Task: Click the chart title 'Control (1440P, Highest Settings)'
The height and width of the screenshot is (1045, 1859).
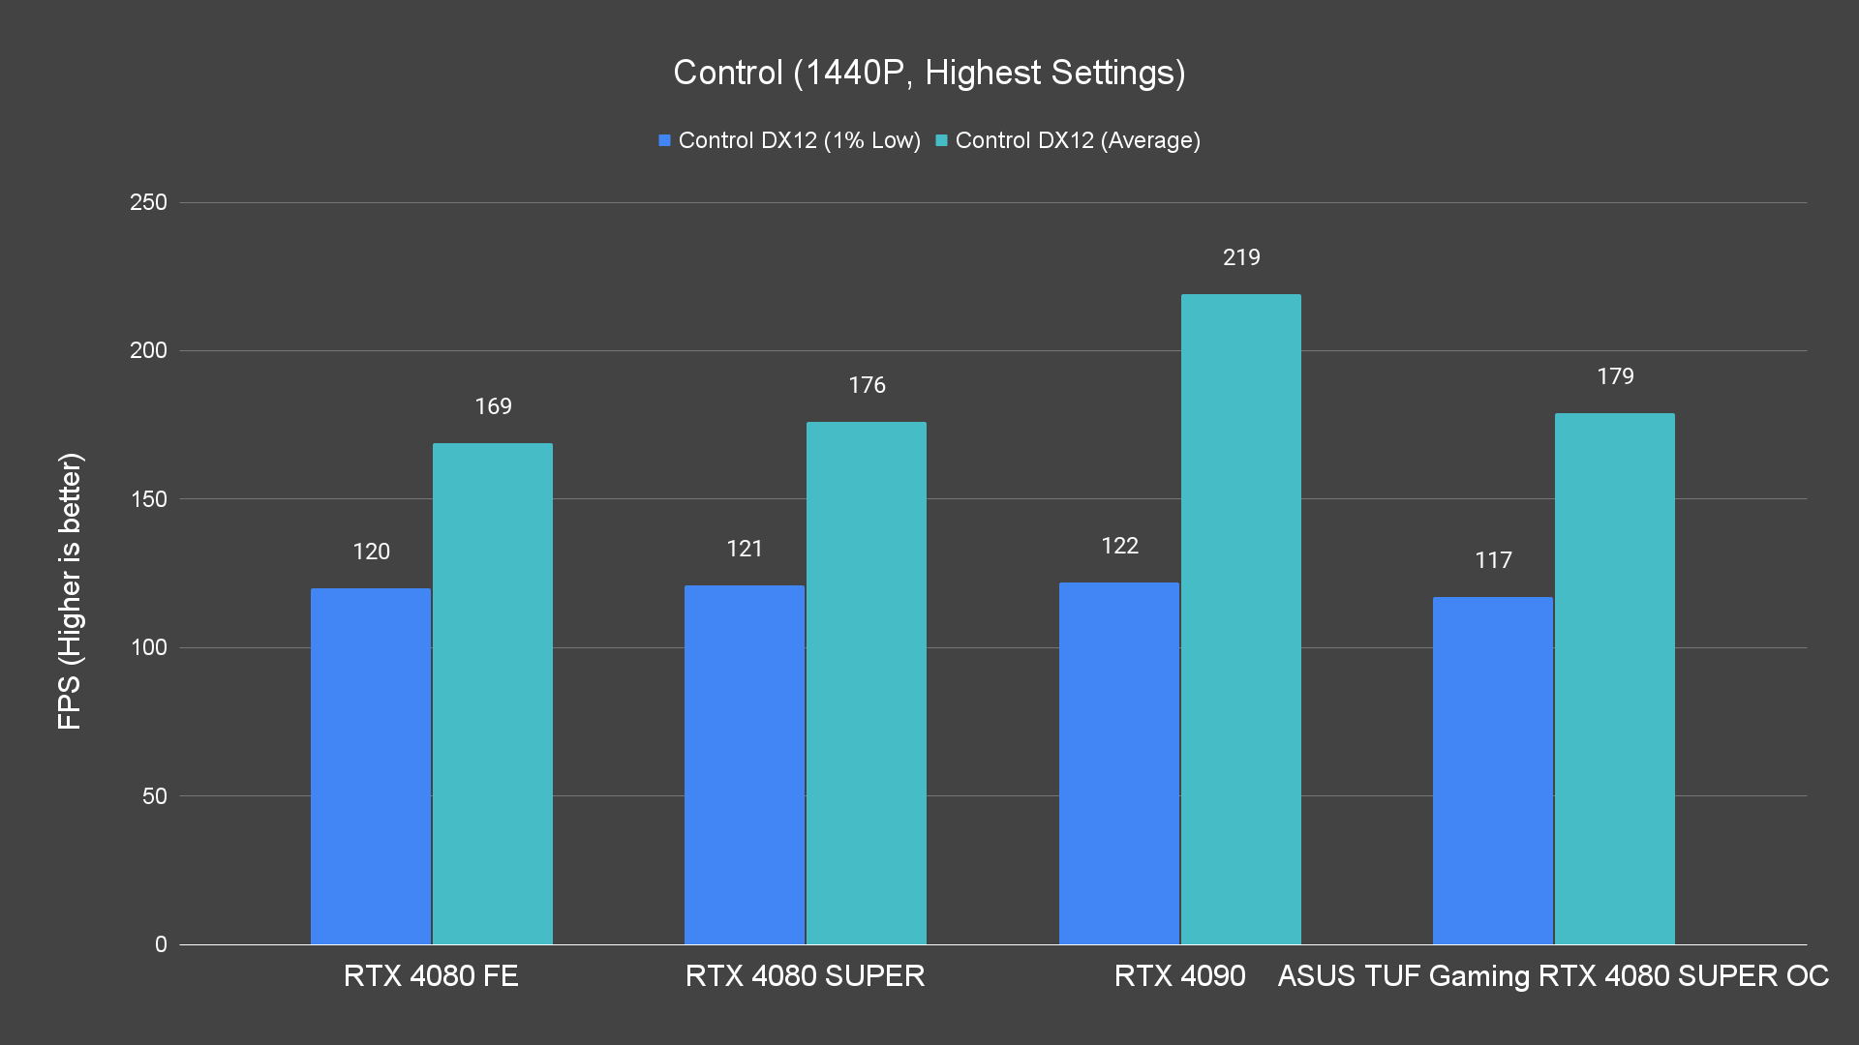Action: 929,73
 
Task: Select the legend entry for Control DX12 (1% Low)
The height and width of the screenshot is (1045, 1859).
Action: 789,140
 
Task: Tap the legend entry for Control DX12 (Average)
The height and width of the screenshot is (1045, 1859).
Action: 1068,140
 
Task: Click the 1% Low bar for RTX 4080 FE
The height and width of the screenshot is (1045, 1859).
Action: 371,765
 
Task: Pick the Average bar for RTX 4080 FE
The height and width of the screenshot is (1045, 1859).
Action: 493,693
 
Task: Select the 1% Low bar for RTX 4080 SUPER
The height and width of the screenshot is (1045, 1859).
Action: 745,764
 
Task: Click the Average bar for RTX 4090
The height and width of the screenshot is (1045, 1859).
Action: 1241,619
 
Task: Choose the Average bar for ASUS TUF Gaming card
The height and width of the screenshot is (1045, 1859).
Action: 1615,678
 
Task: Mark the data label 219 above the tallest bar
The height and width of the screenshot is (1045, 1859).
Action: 1241,257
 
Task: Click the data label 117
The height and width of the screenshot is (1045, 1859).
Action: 1493,560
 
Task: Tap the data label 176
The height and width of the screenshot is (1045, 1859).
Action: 867,385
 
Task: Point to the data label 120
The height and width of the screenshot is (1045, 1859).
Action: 371,552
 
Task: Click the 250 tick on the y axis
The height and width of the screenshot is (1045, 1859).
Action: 148,202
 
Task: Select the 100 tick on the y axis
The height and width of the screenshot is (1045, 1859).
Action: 148,647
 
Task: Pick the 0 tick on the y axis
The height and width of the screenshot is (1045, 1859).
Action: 161,944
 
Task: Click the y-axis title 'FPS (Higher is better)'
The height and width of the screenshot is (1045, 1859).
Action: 70,590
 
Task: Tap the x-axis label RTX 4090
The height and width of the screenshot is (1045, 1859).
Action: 1179,975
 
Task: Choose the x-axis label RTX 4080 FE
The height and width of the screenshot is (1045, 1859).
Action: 431,975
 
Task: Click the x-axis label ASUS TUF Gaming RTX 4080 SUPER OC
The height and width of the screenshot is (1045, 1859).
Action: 1553,975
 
